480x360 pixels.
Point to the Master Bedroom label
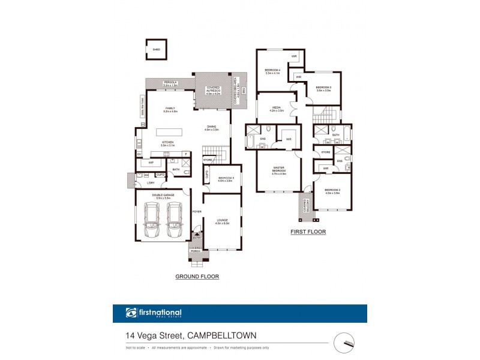[279, 171]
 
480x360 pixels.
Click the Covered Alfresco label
[213, 90]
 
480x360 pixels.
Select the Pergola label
[170, 84]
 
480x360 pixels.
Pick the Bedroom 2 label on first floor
[332, 191]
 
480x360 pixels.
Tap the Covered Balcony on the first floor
[305, 207]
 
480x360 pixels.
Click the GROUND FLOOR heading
[197, 277]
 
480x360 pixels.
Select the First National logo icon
[131, 313]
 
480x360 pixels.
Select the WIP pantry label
[151, 163]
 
